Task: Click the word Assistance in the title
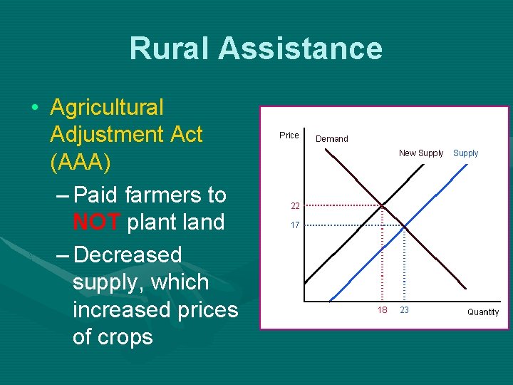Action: pos(300,48)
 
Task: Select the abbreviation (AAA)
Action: pos(81,162)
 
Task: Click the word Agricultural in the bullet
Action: pos(107,108)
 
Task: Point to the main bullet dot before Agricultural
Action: pos(35,108)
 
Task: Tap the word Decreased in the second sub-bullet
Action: pos(128,255)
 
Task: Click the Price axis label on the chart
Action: pos(289,135)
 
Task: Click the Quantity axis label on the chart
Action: pos(483,312)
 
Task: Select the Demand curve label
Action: pos(332,139)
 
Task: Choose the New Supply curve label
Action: pos(421,153)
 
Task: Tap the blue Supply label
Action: pos(466,153)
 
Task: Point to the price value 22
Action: pos(294,206)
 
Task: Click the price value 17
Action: pos(294,225)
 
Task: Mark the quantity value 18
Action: pos(383,310)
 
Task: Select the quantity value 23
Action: pos(404,310)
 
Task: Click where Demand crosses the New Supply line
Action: pos(383,205)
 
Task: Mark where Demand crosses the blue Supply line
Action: pos(404,225)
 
